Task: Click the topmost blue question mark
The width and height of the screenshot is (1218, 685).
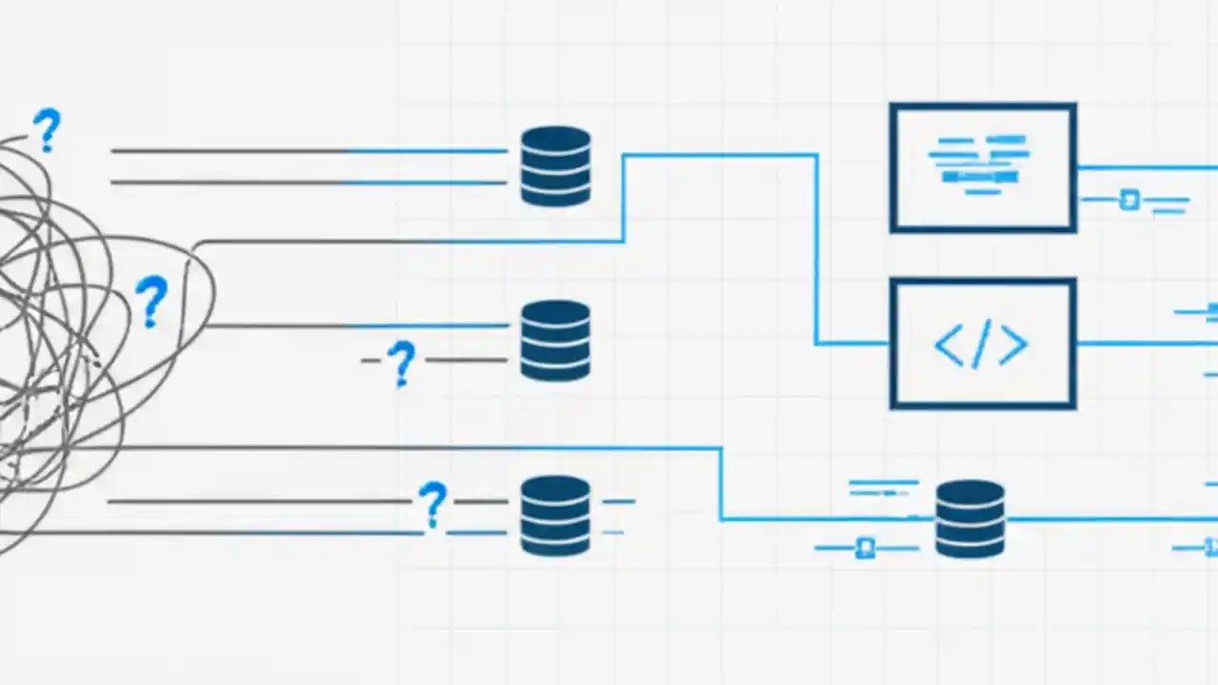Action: [46, 130]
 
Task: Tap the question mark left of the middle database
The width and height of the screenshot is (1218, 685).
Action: [402, 362]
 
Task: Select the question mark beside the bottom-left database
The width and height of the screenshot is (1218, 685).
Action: [432, 503]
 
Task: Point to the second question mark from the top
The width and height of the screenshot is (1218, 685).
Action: [150, 301]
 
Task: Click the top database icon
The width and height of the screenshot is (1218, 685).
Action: [556, 166]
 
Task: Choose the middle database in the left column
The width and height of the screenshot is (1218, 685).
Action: [556, 341]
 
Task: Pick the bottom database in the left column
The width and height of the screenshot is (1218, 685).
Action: [556, 516]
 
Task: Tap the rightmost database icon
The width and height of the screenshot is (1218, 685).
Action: [970, 519]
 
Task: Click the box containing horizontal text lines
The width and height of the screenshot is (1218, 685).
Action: [983, 167]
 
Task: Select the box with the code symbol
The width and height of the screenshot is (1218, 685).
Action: [983, 343]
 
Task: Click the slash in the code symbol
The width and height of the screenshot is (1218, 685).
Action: [982, 344]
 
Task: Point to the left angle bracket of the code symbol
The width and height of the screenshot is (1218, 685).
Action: [950, 345]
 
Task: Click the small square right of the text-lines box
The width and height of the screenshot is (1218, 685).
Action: [1130, 200]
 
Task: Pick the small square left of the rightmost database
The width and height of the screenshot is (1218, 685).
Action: [865, 548]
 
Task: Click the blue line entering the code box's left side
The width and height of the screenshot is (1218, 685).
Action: [852, 343]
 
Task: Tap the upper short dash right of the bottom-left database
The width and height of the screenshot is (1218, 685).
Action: [619, 501]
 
